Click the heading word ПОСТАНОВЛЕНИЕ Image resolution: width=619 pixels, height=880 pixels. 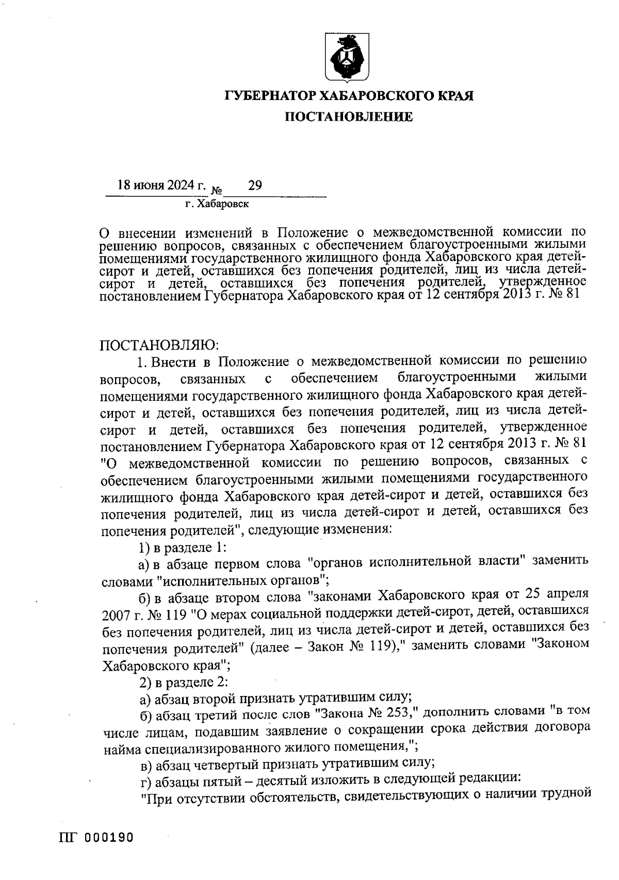click(x=349, y=118)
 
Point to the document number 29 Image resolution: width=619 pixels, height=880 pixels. click(x=255, y=185)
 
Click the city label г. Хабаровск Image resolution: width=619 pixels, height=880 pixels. click(x=217, y=204)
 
